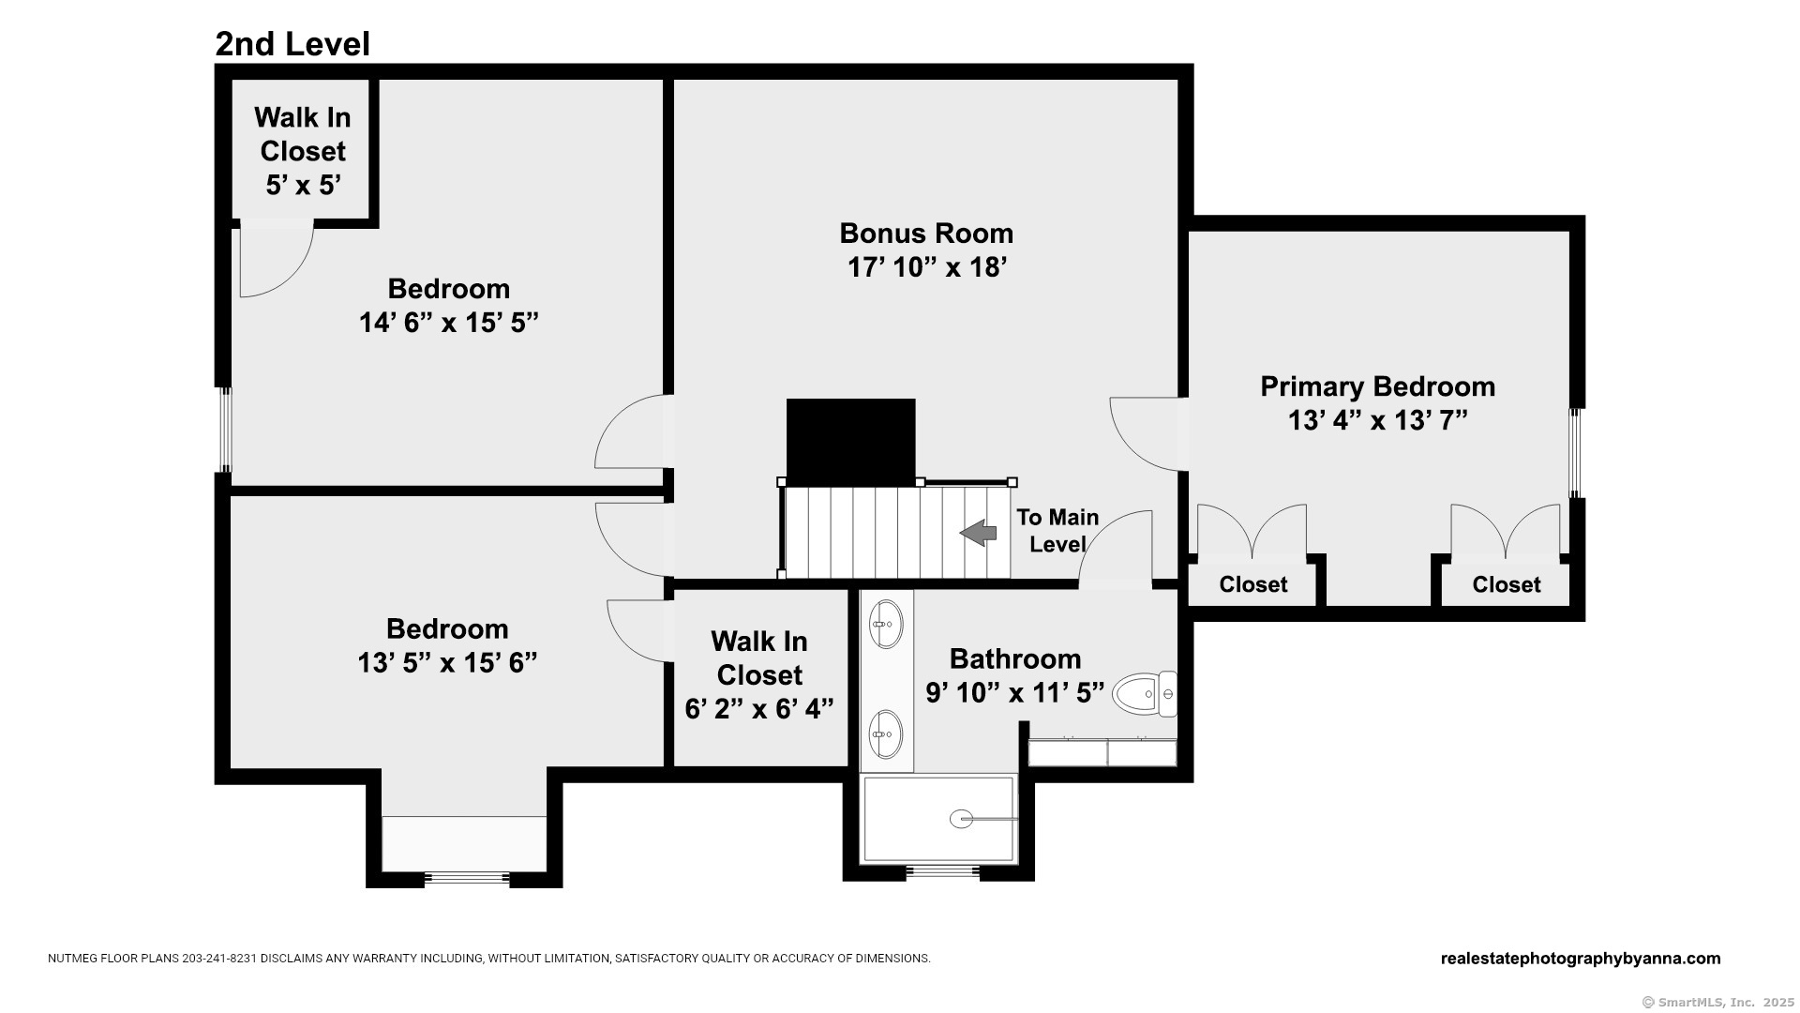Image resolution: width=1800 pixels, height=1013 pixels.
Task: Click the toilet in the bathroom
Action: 1145,694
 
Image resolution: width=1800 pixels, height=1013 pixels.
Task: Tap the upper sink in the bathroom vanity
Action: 886,624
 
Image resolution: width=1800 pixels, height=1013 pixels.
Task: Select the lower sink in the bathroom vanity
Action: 886,733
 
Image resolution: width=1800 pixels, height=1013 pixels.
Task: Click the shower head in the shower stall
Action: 961,819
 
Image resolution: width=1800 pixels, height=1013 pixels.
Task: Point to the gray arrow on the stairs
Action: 978,533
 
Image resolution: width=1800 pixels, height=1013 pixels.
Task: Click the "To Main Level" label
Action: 1057,531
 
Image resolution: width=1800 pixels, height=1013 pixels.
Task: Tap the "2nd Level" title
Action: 292,44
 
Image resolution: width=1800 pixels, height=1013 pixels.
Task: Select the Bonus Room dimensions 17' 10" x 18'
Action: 927,267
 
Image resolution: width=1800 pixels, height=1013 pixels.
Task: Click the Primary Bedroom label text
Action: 1377,386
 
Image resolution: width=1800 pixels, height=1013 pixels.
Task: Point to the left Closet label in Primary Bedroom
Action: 1253,584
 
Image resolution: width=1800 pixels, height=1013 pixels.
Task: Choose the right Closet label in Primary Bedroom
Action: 1507,584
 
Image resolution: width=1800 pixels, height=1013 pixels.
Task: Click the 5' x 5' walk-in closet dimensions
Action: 303,186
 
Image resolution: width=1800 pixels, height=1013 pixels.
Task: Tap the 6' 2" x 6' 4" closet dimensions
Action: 759,709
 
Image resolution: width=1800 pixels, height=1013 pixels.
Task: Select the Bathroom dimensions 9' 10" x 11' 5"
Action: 1015,693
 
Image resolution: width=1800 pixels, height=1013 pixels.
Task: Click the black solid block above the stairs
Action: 850,441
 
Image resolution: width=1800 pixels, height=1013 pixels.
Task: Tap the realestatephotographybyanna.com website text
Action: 1581,959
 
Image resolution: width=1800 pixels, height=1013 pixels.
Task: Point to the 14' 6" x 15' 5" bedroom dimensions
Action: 449,323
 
